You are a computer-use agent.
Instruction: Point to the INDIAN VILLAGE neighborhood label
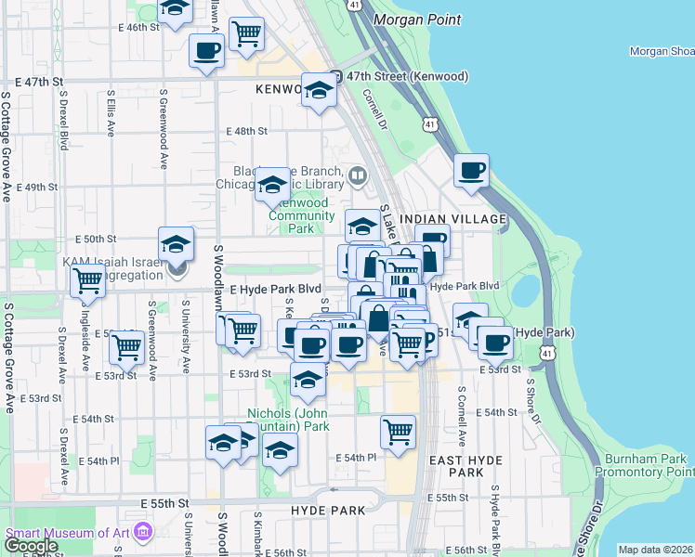[452, 219]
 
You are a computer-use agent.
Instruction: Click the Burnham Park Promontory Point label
[645, 466]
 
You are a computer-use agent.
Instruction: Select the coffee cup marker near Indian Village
[472, 170]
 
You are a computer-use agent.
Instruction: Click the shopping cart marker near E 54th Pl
[398, 431]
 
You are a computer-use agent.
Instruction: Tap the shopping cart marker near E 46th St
[247, 33]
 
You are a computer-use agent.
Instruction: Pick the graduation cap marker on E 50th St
[176, 244]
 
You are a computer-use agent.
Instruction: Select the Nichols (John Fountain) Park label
[288, 420]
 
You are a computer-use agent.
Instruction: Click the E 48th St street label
[250, 132]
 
